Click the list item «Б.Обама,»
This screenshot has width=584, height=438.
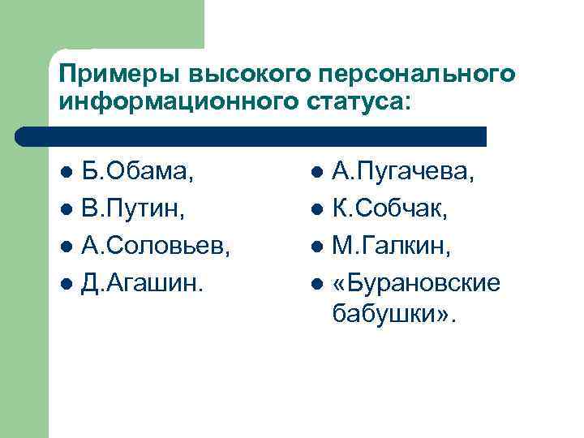(143, 172)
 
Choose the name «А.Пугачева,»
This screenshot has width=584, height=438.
(403, 172)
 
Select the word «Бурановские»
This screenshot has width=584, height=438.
(425, 281)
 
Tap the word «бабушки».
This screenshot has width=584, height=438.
(387, 312)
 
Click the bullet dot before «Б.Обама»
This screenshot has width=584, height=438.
(67, 173)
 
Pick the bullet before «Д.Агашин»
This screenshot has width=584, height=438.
(67, 282)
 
